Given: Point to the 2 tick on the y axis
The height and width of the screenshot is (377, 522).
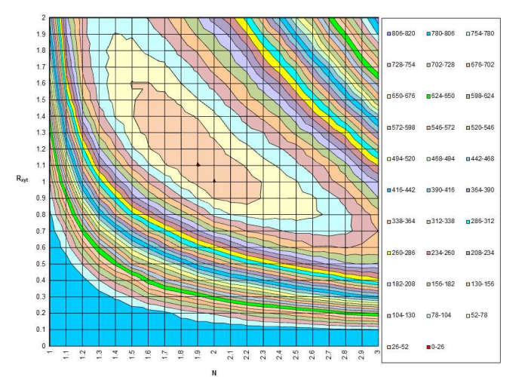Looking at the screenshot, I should pyautogui.click(x=43, y=17).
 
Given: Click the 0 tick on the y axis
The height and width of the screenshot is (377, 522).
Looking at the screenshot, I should pyautogui.click(x=43, y=345).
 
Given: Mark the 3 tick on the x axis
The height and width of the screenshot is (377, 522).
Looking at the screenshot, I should pyautogui.click(x=377, y=353).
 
